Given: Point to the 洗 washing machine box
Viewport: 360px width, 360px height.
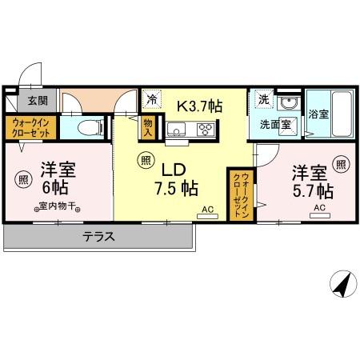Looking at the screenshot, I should [x=262, y=101].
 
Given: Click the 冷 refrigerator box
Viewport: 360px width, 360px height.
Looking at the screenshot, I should [x=151, y=102].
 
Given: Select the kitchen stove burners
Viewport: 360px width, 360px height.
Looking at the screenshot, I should [x=206, y=130].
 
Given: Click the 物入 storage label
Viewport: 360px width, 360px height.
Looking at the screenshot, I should [x=148, y=128].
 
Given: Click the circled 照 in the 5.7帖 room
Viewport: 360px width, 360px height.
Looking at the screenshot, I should [x=342, y=166].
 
